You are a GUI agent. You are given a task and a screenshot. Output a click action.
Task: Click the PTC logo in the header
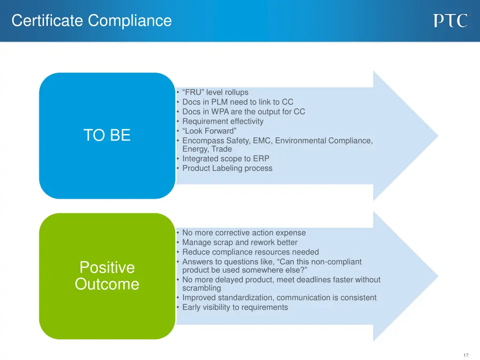tap(450, 21)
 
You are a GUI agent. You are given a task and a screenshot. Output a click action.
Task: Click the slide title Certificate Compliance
tap(92, 21)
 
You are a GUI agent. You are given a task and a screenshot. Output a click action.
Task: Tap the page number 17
tap(465, 355)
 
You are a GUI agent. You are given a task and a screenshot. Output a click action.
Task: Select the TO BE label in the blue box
tap(107, 135)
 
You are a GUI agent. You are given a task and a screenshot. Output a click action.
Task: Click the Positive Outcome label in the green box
tap(107, 276)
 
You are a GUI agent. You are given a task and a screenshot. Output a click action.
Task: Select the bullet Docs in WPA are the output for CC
tap(243, 112)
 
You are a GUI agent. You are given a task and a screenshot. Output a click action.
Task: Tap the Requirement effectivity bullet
tap(223, 121)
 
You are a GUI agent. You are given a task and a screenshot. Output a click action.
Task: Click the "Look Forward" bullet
tap(209, 131)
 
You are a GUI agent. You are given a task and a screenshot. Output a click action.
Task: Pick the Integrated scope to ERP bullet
tap(225, 158)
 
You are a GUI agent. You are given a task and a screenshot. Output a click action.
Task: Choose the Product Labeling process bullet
tap(227, 168)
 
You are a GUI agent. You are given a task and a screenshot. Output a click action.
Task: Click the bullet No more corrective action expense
tap(244, 232)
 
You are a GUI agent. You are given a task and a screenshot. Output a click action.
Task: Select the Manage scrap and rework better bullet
tap(240, 242)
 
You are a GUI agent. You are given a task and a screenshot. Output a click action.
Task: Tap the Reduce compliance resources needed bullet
tap(250, 252)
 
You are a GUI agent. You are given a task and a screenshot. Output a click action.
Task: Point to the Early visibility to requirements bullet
tap(235, 307)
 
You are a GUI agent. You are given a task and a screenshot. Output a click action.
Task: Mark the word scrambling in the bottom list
tap(201, 288)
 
